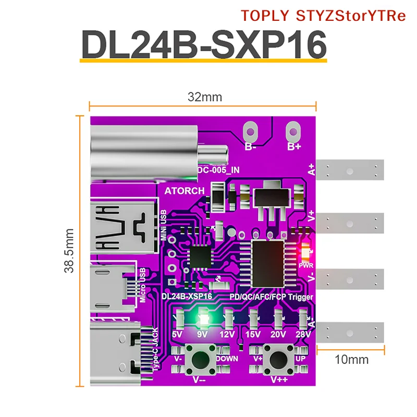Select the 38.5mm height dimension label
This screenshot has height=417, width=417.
(68, 251)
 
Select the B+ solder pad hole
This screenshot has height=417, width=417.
(295, 130)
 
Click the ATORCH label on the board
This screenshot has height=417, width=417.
(185, 191)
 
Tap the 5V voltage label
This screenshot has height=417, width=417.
(178, 334)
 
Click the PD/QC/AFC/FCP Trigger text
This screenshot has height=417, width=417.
(271, 296)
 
